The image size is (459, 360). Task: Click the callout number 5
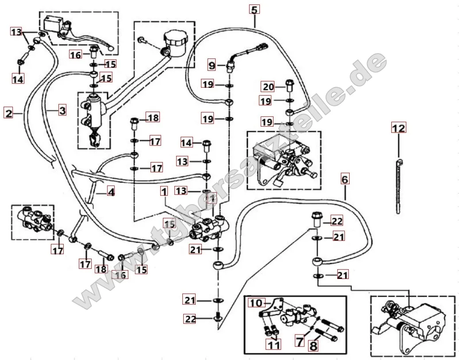(254, 9)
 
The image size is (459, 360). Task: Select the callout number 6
(345, 179)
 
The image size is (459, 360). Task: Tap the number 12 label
(398, 128)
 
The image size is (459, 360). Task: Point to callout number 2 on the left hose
(8, 113)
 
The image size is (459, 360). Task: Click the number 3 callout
(62, 110)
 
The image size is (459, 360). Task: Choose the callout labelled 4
(111, 192)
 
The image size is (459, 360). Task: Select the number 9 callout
(212, 66)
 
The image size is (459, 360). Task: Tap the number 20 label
(269, 87)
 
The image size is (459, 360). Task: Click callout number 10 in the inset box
(255, 303)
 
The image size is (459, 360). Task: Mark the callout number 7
(300, 341)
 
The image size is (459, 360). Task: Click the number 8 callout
(313, 345)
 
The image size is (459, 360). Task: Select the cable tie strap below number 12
(399, 186)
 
